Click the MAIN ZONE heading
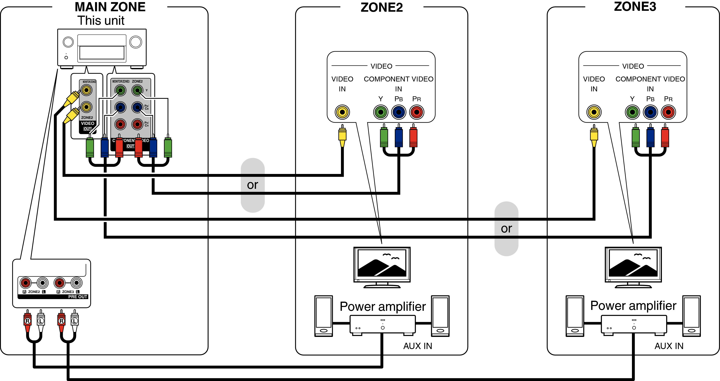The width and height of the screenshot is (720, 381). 110,7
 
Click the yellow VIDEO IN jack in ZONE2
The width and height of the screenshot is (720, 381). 342,112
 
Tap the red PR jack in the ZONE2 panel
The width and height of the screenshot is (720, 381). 416,112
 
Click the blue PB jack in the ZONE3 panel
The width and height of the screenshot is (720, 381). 650,112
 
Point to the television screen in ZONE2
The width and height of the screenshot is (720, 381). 382,264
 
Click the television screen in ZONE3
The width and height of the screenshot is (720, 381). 633,264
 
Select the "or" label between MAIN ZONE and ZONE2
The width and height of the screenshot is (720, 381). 252,185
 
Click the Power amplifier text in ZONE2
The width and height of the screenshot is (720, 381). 383,307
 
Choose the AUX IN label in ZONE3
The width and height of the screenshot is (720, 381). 669,346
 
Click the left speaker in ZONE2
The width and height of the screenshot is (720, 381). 323,316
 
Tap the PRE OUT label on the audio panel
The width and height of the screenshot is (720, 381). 78,297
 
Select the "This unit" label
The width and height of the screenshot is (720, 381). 101,20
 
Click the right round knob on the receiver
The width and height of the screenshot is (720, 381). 136,42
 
